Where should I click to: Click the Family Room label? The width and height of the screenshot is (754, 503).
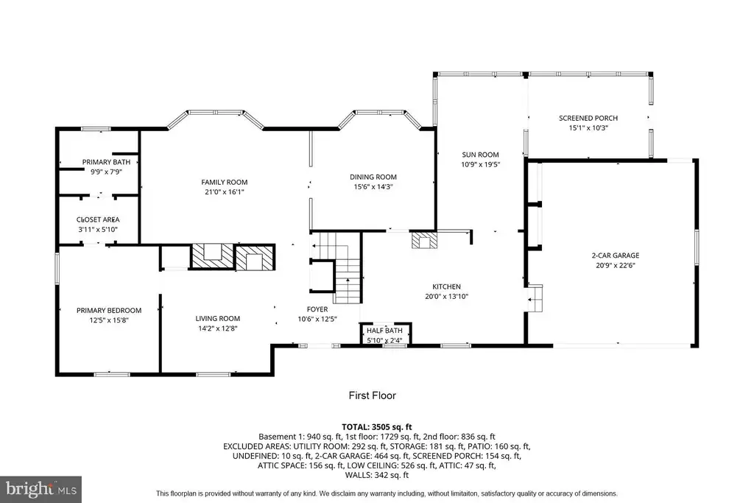[224, 182]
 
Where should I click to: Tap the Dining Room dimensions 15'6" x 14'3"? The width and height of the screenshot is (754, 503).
[373, 186]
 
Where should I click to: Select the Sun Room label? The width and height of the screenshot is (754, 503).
[480, 155]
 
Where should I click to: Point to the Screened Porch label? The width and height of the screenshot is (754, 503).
[588, 118]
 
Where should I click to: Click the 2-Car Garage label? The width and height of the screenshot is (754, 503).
[616, 256]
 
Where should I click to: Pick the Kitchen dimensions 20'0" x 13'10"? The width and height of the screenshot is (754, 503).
[446, 296]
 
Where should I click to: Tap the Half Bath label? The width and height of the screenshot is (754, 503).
[384, 331]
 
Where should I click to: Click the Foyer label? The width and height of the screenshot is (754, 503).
[317, 309]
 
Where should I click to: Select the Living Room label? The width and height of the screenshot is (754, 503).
[217, 318]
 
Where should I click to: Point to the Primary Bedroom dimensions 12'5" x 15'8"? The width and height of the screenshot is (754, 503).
[109, 320]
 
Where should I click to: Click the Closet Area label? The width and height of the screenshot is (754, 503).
[98, 219]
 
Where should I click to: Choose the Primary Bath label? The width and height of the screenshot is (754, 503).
[106, 162]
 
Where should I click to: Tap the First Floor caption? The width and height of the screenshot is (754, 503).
[372, 395]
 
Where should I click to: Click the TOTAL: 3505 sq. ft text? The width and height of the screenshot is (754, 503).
[377, 426]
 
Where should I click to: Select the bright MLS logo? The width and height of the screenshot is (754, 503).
[40, 490]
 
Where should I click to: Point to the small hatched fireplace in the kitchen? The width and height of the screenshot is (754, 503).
[425, 240]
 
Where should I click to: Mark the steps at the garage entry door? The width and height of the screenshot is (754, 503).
[535, 298]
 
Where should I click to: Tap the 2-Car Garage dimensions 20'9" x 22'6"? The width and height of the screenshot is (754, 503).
[616, 265]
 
